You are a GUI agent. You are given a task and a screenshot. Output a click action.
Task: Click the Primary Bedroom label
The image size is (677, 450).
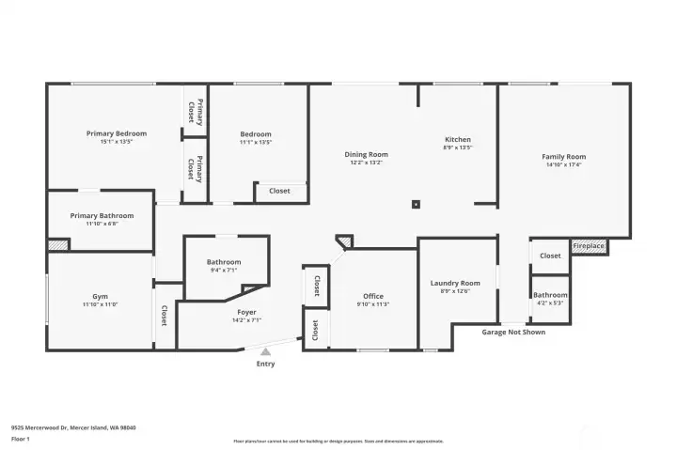[x=117, y=133]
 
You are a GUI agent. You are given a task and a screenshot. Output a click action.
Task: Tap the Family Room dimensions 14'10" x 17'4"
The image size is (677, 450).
[x=563, y=165]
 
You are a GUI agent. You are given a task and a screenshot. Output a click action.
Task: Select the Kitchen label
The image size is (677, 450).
[x=457, y=140]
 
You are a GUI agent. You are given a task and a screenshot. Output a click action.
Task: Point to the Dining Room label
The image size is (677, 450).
[x=366, y=154]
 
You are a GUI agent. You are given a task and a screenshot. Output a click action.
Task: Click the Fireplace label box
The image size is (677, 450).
[x=589, y=246]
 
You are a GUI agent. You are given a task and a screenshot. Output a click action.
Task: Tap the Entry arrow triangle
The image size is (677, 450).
[x=265, y=351]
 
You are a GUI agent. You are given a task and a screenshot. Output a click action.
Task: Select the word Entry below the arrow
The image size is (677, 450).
[x=266, y=364]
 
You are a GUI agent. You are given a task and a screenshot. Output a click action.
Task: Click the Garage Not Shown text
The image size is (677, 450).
[x=512, y=332]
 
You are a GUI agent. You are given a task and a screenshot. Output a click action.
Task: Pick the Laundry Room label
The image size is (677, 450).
[x=455, y=283]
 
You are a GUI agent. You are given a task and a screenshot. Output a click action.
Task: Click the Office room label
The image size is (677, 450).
[x=373, y=297]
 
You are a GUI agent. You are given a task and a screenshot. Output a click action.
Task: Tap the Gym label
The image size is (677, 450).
[x=100, y=296]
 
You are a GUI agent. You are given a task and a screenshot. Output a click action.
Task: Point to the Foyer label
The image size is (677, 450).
[x=246, y=312]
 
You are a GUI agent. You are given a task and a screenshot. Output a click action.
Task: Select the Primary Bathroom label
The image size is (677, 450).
[x=102, y=215]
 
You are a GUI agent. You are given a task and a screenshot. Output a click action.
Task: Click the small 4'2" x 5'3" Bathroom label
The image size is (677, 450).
[x=550, y=295]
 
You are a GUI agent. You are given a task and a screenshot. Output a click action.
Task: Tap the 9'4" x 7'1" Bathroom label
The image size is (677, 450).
[x=224, y=262]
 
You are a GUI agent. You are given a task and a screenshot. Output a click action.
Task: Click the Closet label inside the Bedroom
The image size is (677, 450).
[x=279, y=191]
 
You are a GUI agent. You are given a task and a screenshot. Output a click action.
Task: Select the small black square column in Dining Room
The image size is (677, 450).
[x=416, y=203]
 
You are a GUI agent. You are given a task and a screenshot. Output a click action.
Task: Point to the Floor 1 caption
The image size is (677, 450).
[x=20, y=439]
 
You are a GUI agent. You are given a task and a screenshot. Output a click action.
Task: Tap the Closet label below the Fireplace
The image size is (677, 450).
[x=550, y=256]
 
